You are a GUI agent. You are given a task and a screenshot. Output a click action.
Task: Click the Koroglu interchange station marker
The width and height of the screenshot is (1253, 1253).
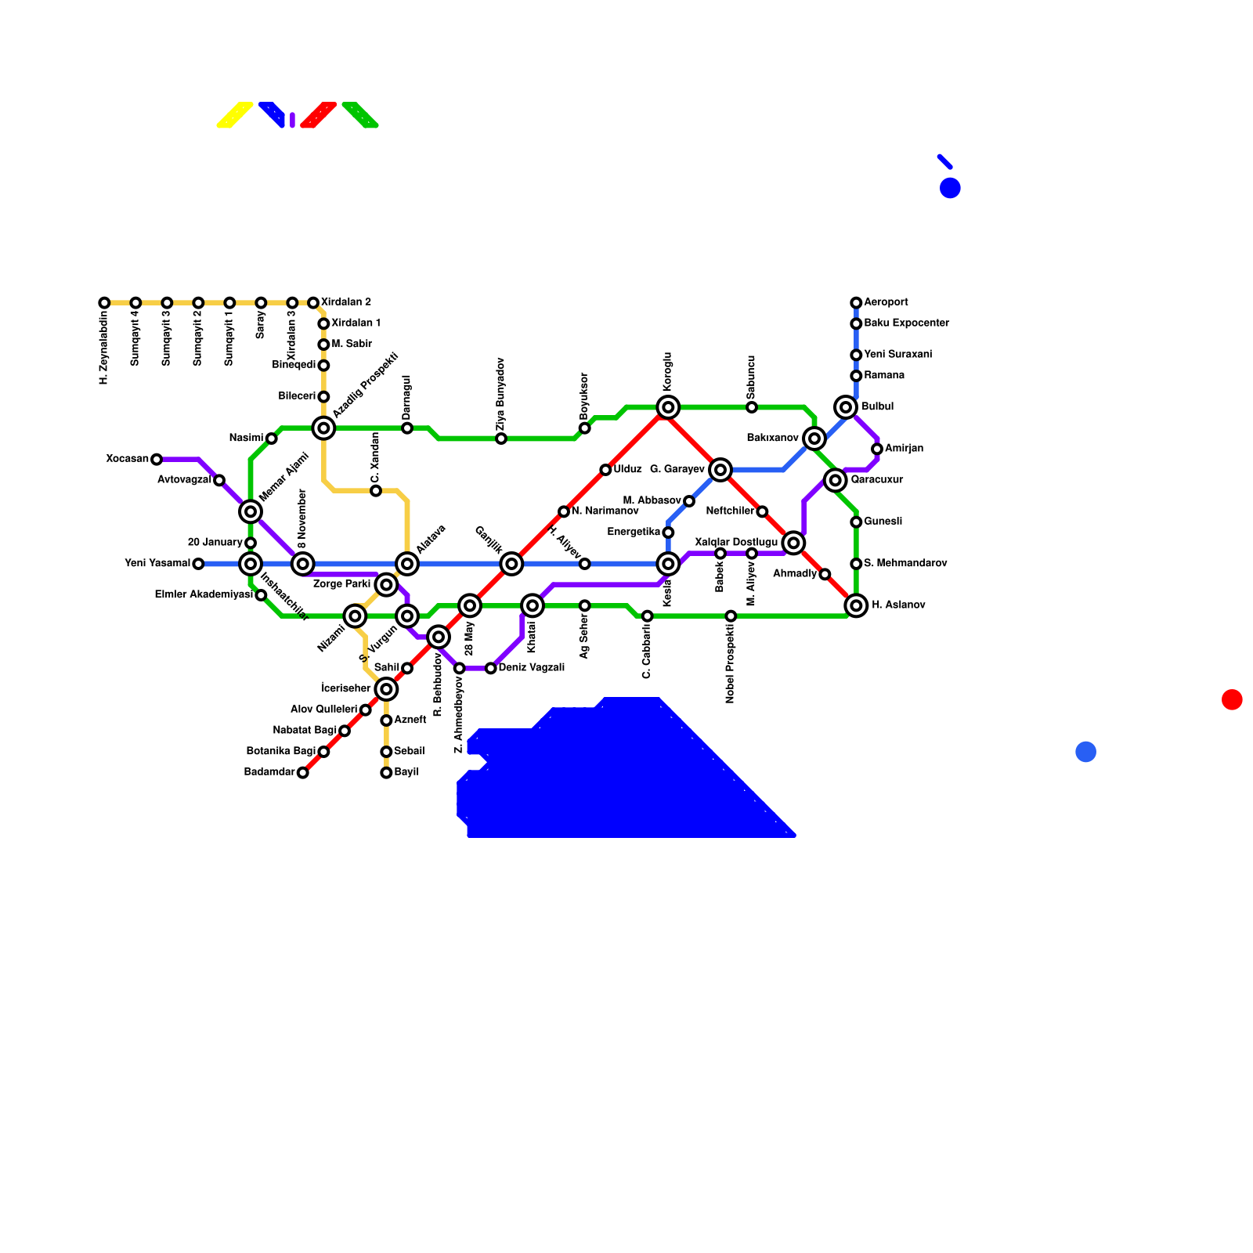tap(668, 407)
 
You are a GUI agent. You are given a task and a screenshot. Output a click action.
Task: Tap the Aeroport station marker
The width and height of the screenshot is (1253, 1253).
tap(856, 303)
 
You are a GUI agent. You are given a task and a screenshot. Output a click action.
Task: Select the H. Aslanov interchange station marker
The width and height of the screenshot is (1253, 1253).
tap(856, 605)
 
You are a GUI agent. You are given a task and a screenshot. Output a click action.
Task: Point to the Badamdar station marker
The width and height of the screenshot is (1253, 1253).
tap(303, 773)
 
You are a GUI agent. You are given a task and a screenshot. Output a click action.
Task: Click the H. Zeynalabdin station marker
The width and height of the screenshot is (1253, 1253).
tap(104, 303)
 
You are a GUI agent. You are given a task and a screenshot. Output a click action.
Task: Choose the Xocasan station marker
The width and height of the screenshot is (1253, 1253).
tap(157, 460)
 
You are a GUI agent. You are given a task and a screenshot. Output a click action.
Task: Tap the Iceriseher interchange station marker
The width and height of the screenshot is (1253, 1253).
tap(386, 689)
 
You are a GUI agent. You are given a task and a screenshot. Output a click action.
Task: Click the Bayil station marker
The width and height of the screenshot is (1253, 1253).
tap(386, 773)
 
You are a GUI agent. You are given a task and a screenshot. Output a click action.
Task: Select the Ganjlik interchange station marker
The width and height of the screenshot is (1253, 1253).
tap(511, 564)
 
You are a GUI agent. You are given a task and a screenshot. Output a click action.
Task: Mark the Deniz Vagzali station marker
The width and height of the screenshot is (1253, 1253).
tap(491, 668)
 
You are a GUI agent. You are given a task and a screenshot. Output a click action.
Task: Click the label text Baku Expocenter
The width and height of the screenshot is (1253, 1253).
tap(906, 323)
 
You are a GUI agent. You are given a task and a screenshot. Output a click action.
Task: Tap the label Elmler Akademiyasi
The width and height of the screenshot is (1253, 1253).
tap(204, 595)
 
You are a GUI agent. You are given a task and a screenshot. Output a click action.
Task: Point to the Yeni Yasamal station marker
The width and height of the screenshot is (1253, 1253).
tap(198, 564)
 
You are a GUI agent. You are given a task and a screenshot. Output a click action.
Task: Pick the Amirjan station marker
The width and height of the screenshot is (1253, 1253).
tap(877, 449)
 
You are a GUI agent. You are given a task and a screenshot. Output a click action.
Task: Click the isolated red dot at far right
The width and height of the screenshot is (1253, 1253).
tap(1232, 699)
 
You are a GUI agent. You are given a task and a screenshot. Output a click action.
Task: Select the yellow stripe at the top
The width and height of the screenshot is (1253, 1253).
tap(235, 114)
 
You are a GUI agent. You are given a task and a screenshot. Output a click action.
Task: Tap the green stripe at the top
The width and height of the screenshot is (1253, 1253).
tap(360, 114)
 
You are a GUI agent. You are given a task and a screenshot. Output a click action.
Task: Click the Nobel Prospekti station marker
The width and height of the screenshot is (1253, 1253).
tap(731, 616)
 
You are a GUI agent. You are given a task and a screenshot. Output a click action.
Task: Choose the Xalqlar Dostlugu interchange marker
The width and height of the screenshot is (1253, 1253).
tap(793, 543)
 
